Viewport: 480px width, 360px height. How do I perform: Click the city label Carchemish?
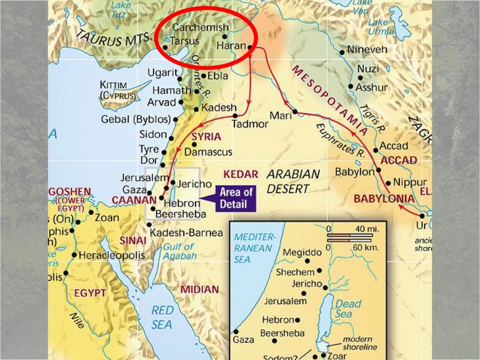tap(201, 28)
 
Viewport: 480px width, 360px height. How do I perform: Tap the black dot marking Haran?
tap(250, 47)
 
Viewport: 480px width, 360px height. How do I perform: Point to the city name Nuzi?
tap(368, 69)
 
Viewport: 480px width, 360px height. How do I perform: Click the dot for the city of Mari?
tap(295, 112)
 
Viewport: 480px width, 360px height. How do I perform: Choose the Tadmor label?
tap(250, 124)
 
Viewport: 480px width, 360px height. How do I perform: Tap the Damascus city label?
tap(208, 152)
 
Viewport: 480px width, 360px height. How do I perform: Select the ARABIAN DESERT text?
tap(293, 181)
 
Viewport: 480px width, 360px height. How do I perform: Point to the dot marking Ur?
tap(423, 216)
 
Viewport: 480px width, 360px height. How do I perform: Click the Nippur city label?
tap(410, 182)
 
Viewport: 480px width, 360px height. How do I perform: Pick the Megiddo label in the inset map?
tap(302, 252)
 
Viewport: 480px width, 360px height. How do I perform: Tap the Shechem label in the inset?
tap(295, 272)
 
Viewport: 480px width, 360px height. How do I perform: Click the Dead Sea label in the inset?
tap(348, 308)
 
